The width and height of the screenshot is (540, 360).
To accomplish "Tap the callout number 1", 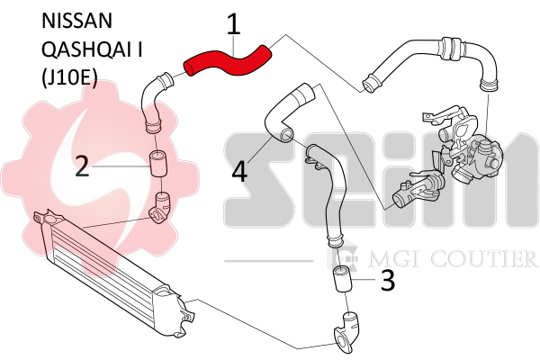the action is [234, 24].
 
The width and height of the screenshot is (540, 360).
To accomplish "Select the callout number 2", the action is [82, 166].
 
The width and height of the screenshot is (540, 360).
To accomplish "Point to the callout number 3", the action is [388, 280].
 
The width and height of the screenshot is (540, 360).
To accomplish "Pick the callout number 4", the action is [239, 172].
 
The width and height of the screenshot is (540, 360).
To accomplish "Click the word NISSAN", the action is [76, 21].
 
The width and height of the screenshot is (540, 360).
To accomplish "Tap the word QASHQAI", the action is [87, 50].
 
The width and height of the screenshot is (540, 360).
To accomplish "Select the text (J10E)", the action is [69, 78].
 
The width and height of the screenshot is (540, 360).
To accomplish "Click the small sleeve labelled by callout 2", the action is [158, 164].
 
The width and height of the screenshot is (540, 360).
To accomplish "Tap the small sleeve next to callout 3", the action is [342, 279].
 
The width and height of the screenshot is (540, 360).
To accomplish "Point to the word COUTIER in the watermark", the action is [484, 258].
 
